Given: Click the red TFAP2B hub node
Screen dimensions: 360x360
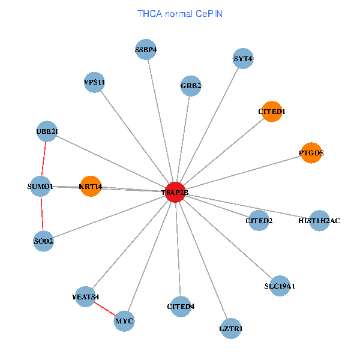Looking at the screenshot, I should pos(175,192).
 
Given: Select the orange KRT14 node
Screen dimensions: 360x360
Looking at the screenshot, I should pos(90,187).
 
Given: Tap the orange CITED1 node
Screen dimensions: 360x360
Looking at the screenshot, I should pos(272,112).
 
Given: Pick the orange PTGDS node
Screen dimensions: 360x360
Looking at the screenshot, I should pos(311,153).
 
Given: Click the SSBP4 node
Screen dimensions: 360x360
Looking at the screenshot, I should pos(146,50).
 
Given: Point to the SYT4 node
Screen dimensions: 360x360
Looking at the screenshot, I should pos(243,59).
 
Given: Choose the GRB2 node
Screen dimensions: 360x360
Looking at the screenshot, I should pos(191,86).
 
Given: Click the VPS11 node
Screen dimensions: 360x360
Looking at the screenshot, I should pos(94,82).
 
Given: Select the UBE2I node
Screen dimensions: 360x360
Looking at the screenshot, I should pos(47,131).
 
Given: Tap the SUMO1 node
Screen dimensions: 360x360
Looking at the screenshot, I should pos(41,187).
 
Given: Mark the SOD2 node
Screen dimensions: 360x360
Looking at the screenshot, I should pos(43,241).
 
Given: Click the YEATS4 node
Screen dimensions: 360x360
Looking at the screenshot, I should pos(85,296).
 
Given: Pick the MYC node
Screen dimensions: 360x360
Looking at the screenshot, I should pos(124,321).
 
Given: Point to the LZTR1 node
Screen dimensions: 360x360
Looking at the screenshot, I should pos(231,328).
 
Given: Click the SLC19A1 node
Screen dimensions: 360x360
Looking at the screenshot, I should pos(280,286).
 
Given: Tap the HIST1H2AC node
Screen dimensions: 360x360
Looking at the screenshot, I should pos(319,221).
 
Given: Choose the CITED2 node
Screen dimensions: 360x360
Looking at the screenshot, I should pos(259,221).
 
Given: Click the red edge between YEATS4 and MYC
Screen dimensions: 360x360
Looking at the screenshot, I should pos(105,309).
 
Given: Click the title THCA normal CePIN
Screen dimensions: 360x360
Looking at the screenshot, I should pos(180,13).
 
